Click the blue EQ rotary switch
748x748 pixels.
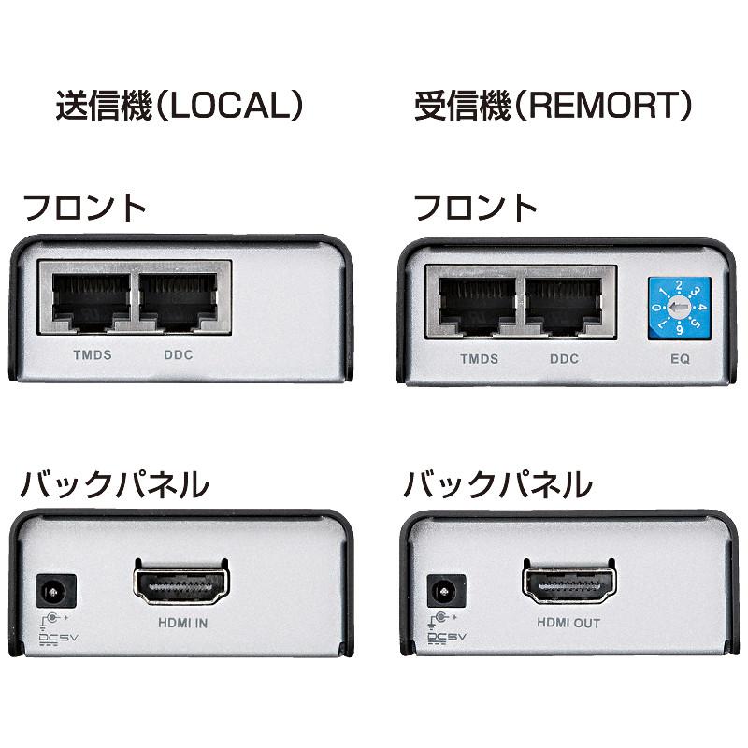point(680,308)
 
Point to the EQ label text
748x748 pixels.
point(680,359)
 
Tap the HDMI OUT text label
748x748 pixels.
point(568,623)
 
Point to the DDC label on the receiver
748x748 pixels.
point(564,359)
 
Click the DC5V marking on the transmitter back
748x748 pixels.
point(57,639)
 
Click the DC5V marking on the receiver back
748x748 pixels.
point(445,639)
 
